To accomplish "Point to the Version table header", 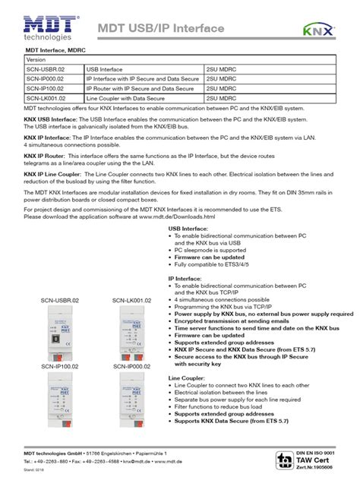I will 37,58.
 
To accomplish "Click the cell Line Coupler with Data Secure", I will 125,98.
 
